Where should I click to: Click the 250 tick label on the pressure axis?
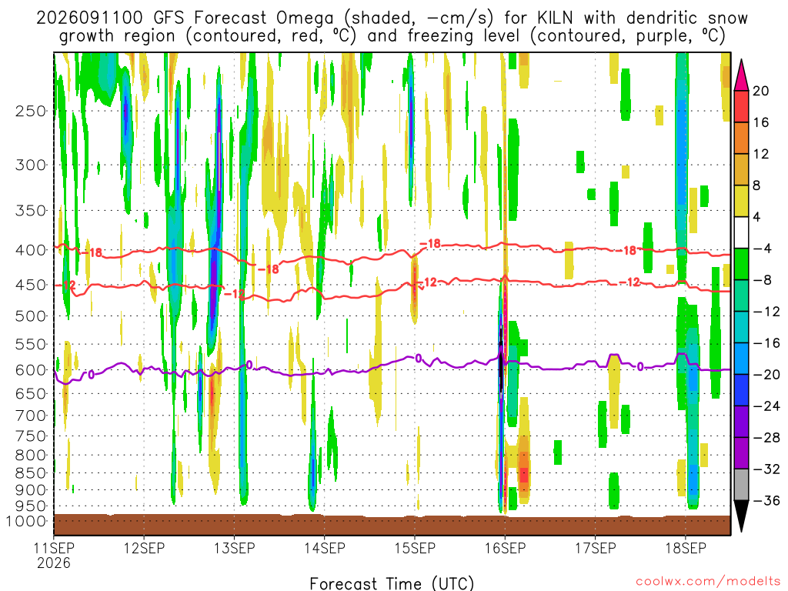(x=31, y=111)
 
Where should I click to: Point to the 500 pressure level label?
(x=31, y=316)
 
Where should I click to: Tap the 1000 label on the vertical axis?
(x=25, y=521)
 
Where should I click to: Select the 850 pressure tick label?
(x=31, y=473)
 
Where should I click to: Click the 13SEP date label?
(x=234, y=548)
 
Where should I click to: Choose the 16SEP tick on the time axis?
(x=505, y=548)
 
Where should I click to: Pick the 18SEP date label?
(x=686, y=548)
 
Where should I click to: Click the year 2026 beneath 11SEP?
(x=54, y=563)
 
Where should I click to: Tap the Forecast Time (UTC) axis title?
(x=392, y=583)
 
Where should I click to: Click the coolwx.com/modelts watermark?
(x=708, y=582)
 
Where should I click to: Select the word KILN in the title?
(x=555, y=18)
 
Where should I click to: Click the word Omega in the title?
(x=305, y=18)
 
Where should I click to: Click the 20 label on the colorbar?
(x=760, y=91)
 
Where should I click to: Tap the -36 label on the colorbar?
(x=766, y=500)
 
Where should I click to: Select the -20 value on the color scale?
(x=766, y=375)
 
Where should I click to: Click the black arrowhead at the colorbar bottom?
(x=741, y=516)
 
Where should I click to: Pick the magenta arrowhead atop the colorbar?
(x=741, y=75)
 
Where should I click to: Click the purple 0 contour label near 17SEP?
(x=639, y=367)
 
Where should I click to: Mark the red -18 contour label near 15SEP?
(x=430, y=244)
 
